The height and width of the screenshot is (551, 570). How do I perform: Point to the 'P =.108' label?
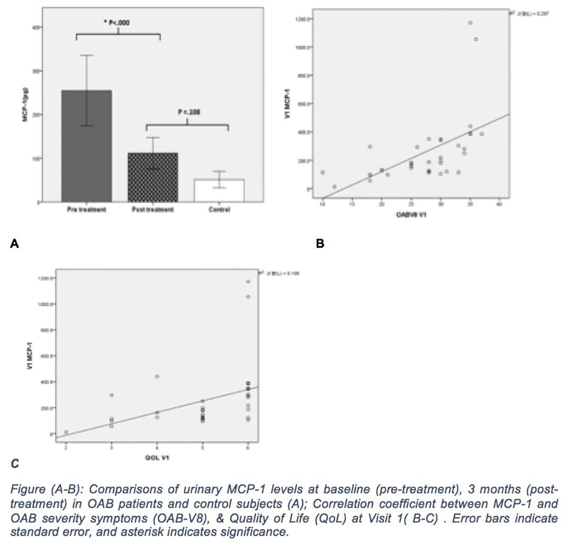(x=187, y=111)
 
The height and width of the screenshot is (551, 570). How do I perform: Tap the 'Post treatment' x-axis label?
(x=153, y=210)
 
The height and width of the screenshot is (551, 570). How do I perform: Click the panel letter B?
(x=319, y=243)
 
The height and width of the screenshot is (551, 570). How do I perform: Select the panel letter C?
(x=14, y=464)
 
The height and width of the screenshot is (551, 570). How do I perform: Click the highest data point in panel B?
(x=470, y=23)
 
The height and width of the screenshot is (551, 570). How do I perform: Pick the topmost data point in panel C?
(x=248, y=282)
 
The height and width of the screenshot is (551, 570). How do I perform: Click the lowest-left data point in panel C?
(x=66, y=432)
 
